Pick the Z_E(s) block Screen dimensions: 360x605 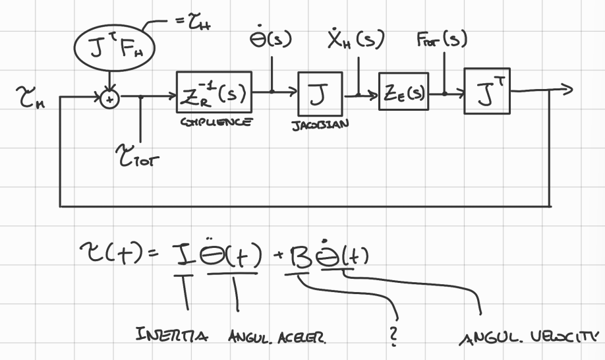(403, 94)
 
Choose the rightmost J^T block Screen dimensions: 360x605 (487, 93)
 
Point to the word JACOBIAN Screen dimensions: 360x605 (318, 123)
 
